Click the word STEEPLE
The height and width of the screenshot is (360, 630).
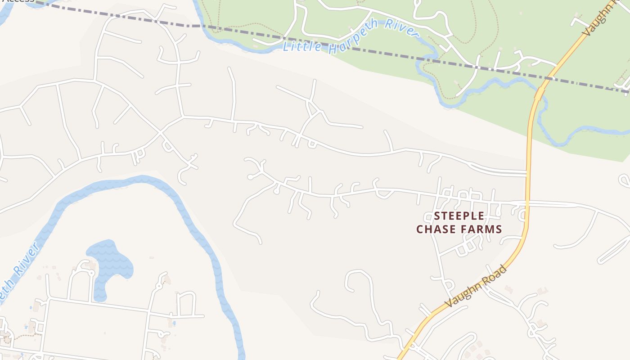tap(459, 216)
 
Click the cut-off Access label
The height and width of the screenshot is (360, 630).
tap(18, 1)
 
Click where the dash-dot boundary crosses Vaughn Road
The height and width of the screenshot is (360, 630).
tap(548, 78)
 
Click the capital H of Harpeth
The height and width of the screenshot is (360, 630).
tap(333, 47)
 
